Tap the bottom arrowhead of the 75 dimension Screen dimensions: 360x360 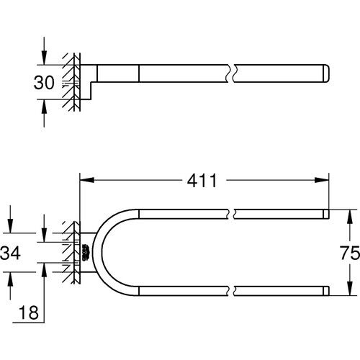click(349, 290)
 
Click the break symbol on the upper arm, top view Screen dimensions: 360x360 click(233, 213)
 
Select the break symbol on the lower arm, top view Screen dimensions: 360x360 click(233, 291)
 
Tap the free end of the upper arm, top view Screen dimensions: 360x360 click(326, 213)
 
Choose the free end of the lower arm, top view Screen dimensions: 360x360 click(326, 291)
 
